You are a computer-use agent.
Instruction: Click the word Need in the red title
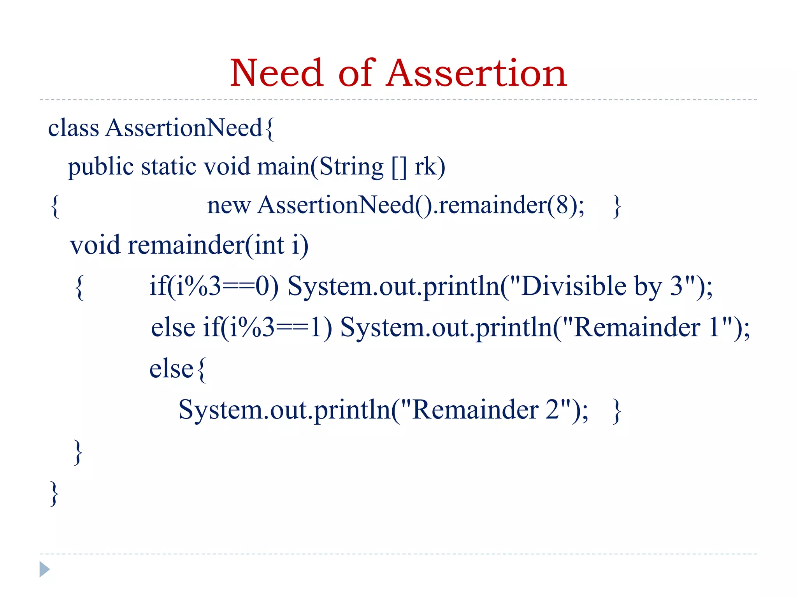276,73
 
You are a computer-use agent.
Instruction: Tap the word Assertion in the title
477,73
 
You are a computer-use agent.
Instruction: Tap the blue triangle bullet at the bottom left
44,569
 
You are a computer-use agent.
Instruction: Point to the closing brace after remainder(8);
617,206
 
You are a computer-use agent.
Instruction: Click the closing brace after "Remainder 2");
617,410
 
